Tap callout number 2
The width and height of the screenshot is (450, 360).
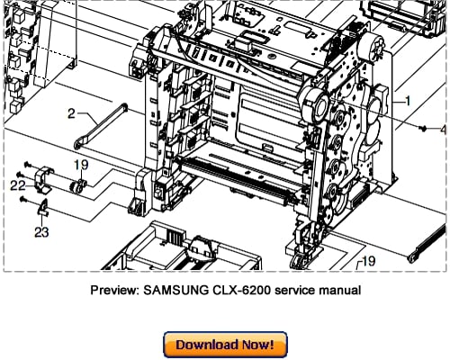[71, 113]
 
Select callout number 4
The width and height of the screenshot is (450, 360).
[442, 129]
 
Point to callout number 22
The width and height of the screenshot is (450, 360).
[19, 184]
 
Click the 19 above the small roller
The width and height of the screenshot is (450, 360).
[80, 166]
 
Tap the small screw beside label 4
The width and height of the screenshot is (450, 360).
[422, 129]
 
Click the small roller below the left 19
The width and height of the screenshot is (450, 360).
[78, 185]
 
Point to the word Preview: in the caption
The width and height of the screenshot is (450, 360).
[118, 290]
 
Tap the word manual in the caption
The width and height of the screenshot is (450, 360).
[339, 290]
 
